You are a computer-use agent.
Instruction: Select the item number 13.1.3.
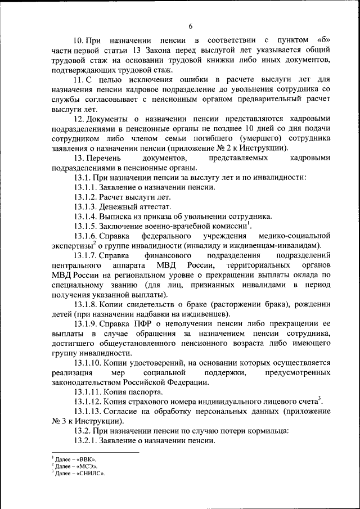(x=85, y=207)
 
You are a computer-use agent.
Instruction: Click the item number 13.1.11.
(x=87, y=392)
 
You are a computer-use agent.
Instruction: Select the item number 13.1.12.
(x=87, y=402)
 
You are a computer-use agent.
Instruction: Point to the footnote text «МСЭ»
(x=88, y=466)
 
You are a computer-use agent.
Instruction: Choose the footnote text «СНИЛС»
(x=92, y=473)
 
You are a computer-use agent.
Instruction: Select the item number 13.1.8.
(x=85, y=304)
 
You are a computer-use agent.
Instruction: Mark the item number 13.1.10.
(x=87, y=363)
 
